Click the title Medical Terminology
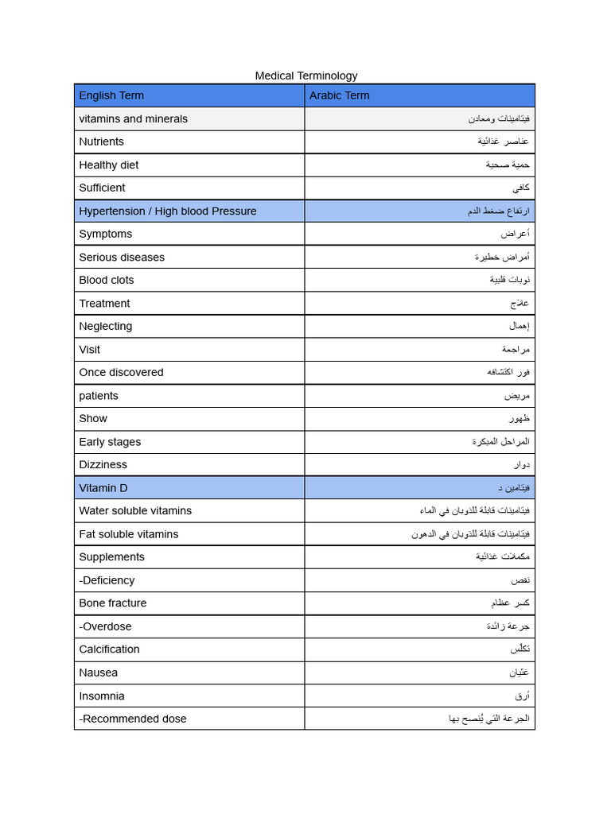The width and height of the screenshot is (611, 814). click(305, 76)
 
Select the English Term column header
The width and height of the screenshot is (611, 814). click(111, 95)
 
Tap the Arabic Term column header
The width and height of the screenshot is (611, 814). click(339, 95)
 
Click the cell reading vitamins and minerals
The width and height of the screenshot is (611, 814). click(133, 118)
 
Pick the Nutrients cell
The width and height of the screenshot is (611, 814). click(101, 141)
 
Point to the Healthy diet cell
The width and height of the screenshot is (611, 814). click(108, 165)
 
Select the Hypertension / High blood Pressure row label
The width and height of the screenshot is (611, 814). click(167, 211)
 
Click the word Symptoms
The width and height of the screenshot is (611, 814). click(105, 234)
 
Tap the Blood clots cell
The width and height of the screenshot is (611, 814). click(106, 280)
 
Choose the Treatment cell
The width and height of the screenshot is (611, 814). click(104, 303)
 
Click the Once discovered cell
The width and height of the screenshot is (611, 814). click(121, 372)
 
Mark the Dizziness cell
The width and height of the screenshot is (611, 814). click(103, 464)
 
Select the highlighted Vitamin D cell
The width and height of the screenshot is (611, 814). click(103, 487)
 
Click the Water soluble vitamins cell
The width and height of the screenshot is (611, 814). click(134, 510)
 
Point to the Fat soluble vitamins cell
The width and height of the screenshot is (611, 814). click(128, 533)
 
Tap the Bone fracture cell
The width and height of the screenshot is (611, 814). click(112, 603)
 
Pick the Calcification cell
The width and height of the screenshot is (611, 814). click(109, 649)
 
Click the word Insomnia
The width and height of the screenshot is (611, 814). click(101, 696)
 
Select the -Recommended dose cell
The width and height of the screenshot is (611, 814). click(132, 719)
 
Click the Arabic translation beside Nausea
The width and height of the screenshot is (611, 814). click(519, 673)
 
